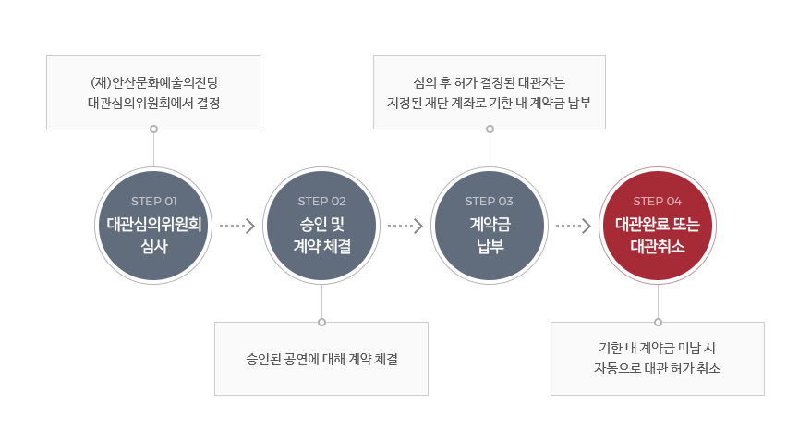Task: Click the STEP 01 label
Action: coord(153,202)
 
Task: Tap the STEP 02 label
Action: coord(321,202)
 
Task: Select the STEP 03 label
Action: coord(490,202)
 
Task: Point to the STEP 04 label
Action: coord(658,202)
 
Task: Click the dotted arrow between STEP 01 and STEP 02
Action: coord(237,226)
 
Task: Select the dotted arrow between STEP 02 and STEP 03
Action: coord(405,226)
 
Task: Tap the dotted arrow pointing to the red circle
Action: coord(574,226)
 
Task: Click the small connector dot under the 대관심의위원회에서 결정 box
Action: coord(153,129)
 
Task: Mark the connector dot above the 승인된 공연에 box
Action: coord(321,323)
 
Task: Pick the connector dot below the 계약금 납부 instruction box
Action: coord(490,129)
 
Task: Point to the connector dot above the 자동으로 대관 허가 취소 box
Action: coord(658,323)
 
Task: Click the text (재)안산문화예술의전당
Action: coord(154,83)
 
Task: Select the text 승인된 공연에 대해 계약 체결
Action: coord(321,359)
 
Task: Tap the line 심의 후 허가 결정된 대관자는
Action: coord(490,83)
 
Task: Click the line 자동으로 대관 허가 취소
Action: coord(657,369)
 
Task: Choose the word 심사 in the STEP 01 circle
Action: coord(154,246)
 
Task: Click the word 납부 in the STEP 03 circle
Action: coord(490,246)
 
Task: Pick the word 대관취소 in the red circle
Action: coord(658,246)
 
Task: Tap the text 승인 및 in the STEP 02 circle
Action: coord(321,224)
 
